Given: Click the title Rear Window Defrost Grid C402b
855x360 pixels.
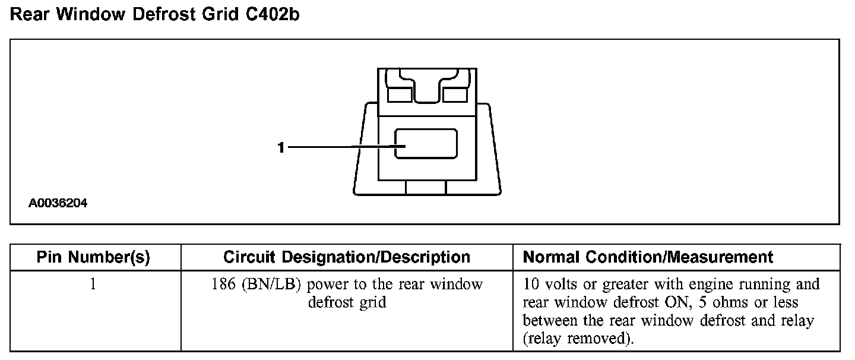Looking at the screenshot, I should (x=155, y=15).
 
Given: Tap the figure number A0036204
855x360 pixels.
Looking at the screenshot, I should (x=58, y=204).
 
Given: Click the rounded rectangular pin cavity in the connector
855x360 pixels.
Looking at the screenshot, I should (x=426, y=144).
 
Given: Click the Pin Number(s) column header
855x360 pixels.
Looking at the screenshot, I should (x=93, y=257).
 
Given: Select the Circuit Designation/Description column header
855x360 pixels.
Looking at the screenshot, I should (x=347, y=257).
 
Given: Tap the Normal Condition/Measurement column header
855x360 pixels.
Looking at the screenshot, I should (x=648, y=257).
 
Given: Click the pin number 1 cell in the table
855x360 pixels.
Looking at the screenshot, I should (x=93, y=284).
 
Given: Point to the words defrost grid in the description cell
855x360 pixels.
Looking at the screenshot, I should (x=347, y=302).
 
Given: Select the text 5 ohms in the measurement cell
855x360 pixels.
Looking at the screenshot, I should (x=720, y=302).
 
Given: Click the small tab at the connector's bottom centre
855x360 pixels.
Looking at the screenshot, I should (x=426, y=187).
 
